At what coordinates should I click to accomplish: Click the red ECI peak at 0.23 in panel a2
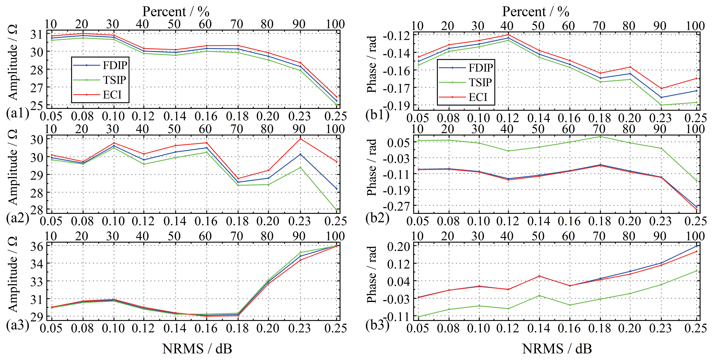[x=300, y=139]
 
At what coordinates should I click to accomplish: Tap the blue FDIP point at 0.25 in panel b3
[x=696, y=246]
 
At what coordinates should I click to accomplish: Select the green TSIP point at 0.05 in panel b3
[x=418, y=317]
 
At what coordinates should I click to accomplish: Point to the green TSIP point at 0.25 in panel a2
[x=336, y=210]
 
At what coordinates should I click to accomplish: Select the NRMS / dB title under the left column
[x=197, y=349]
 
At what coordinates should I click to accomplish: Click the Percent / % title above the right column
[x=536, y=12]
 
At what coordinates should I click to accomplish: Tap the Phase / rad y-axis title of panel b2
[x=372, y=167]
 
